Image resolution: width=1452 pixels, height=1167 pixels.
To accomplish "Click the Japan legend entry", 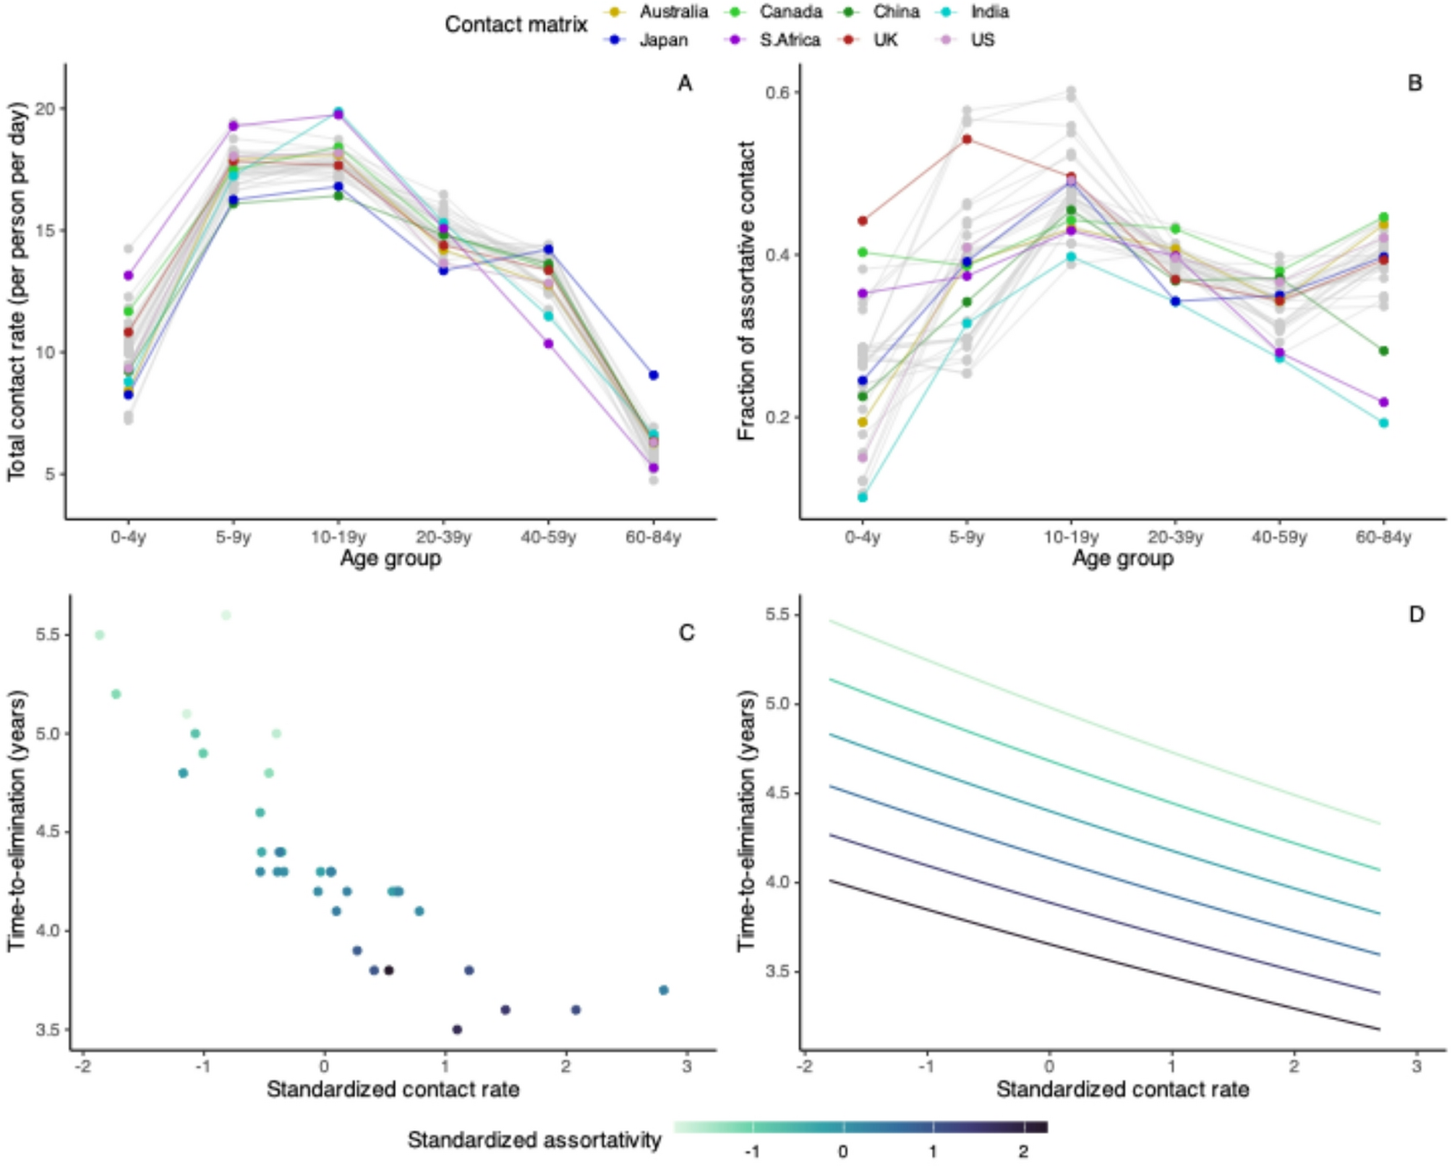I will pyautogui.click(x=662, y=40).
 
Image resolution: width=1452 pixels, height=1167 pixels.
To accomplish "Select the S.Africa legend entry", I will pyautogui.click(x=789, y=40).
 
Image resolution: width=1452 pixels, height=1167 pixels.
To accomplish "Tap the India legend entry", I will pyautogui.click(x=989, y=12).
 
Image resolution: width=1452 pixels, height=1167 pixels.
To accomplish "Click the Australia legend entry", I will pyautogui.click(x=672, y=12).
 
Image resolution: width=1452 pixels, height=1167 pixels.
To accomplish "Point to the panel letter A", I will pyautogui.click(x=684, y=84).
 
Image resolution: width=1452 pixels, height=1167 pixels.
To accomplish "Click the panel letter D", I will pyautogui.click(x=1416, y=615).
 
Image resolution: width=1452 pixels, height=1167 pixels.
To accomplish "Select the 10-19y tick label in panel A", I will pyautogui.click(x=338, y=538).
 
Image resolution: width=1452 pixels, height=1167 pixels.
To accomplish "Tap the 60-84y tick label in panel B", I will pyautogui.click(x=1383, y=538).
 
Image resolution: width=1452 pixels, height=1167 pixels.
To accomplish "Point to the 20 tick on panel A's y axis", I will pyautogui.click(x=46, y=109).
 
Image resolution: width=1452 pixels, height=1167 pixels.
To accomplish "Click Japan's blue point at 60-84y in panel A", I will pyautogui.click(x=653, y=375).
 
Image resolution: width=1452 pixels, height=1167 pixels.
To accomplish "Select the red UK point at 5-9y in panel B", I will pyautogui.click(x=967, y=140).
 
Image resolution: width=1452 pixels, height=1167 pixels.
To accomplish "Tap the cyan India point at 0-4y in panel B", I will pyautogui.click(x=862, y=497).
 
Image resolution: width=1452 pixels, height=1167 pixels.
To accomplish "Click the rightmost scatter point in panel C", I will pyautogui.click(x=663, y=990).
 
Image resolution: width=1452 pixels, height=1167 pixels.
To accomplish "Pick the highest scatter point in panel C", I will pyautogui.click(x=226, y=615).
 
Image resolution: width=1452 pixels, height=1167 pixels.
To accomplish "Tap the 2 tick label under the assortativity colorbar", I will pyautogui.click(x=1022, y=1151).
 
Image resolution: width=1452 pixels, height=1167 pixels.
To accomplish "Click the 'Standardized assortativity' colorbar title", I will pyautogui.click(x=534, y=1140).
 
